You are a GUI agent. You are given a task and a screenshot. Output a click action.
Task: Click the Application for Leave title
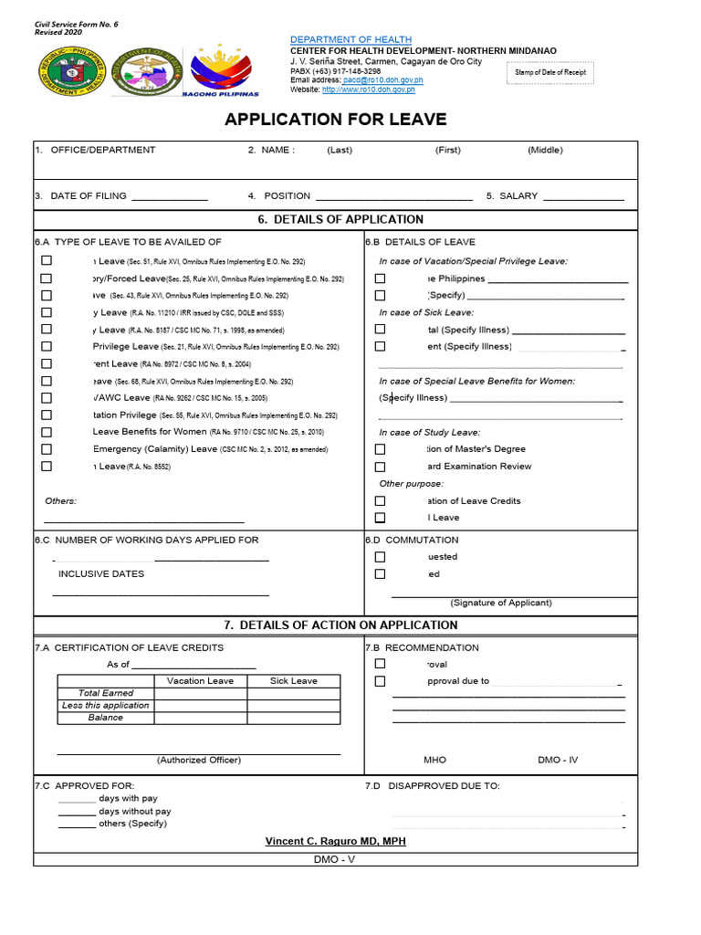click(336, 120)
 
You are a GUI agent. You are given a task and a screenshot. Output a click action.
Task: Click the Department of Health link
click(350, 39)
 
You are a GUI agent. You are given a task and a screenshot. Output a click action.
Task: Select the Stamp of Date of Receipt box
click(550, 72)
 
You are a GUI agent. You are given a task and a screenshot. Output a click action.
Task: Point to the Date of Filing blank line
click(169, 197)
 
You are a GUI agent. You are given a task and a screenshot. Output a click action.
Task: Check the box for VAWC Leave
click(47, 398)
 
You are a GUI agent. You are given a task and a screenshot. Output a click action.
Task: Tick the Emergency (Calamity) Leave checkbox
click(47, 449)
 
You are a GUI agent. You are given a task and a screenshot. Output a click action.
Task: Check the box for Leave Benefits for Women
click(47, 432)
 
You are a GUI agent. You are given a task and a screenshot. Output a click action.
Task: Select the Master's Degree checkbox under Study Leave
click(380, 449)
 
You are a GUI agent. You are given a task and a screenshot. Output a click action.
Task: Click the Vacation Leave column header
click(200, 681)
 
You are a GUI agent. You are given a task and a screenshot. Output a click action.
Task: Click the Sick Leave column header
click(293, 681)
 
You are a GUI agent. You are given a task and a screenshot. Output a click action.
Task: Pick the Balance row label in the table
click(105, 718)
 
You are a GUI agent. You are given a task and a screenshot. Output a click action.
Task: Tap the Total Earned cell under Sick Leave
click(293, 693)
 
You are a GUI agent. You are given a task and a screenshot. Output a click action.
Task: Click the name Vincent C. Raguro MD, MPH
click(335, 841)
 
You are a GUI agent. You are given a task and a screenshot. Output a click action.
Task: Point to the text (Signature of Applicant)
click(500, 603)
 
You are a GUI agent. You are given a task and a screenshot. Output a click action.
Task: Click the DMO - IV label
click(557, 760)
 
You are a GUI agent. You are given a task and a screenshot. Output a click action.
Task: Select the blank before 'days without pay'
click(77, 812)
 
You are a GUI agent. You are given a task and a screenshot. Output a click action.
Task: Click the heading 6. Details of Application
click(336, 219)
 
